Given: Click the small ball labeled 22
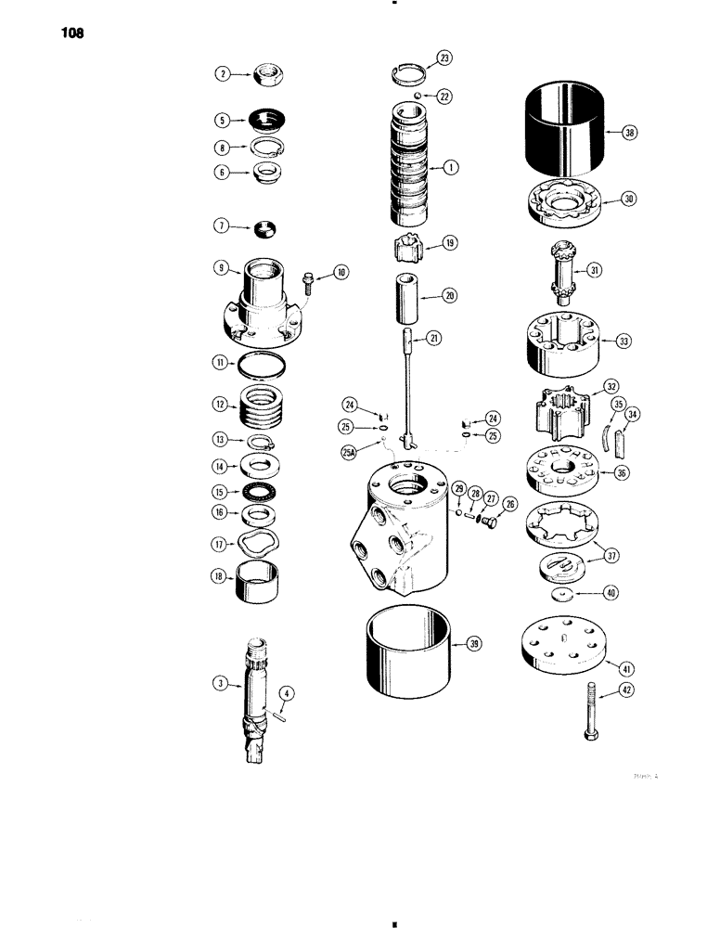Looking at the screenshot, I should coord(418,97).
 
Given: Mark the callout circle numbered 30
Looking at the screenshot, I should coord(630,200).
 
